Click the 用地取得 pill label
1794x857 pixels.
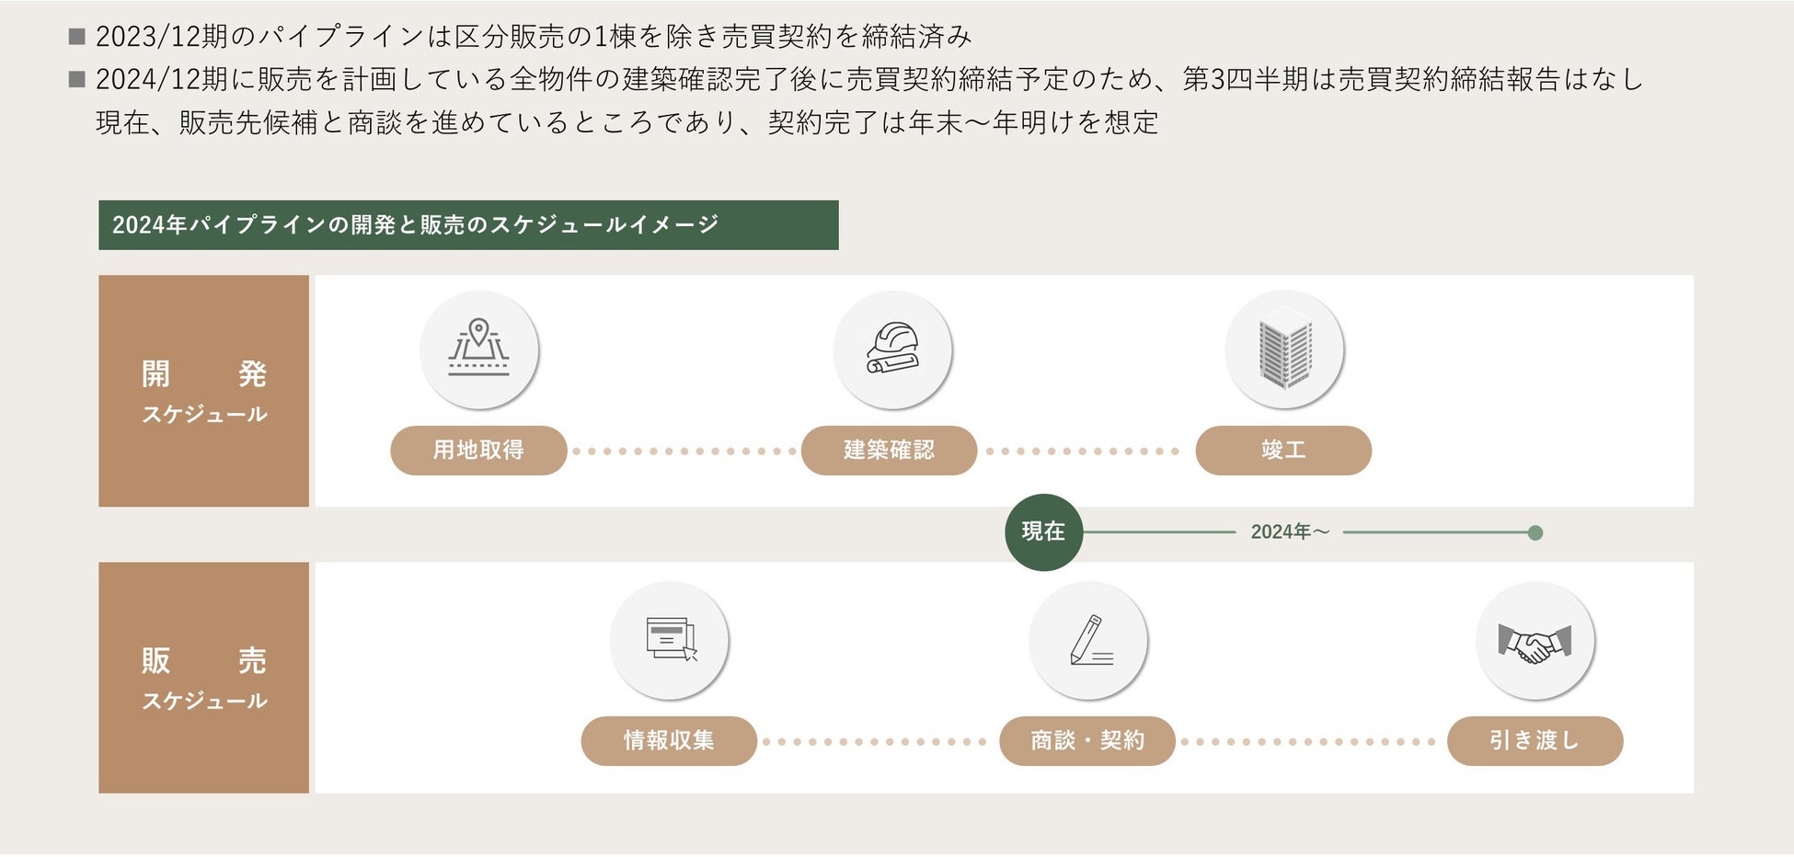pos(478,451)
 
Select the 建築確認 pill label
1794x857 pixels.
pos(889,451)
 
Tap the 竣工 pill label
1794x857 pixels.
pos(1283,451)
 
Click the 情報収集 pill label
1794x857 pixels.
pos(669,741)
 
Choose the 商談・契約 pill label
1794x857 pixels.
pos(1087,741)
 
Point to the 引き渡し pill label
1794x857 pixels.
pos(1535,741)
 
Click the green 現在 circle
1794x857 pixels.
pos(1043,532)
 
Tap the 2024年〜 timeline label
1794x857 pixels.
pos(1290,532)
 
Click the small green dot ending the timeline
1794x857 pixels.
pos(1535,532)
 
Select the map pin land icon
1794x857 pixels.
pos(478,349)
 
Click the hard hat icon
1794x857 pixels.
pos(891,349)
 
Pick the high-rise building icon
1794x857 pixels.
pos(1284,349)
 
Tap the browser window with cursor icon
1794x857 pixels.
pos(670,640)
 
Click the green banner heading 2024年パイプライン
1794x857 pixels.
pos(468,225)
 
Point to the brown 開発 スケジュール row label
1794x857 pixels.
pos(203,391)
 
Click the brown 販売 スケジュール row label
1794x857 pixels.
pos(203,678)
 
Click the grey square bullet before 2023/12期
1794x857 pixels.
pos(77,37)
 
